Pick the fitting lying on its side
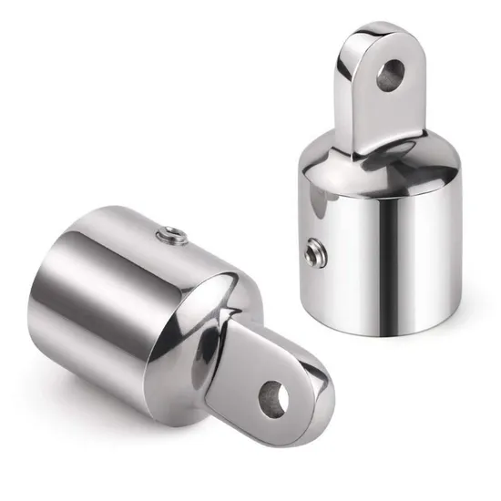coord(173,310)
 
